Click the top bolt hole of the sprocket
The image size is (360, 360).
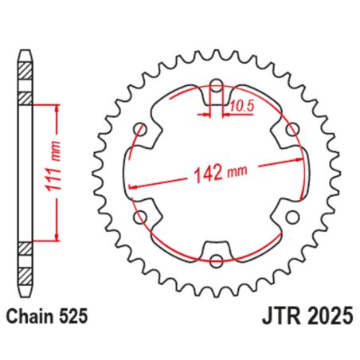click(x=217, y=83)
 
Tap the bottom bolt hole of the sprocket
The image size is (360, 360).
click(x=217, y=260)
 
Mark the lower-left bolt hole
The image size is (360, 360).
click(x=141, y=215)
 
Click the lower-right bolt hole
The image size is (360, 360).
click(x=292, y=215)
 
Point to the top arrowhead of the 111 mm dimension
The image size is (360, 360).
click(x=56, y=108)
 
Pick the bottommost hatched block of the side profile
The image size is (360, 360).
click(x=26, y=272)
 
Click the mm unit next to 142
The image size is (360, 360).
click(x=237, y=170)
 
